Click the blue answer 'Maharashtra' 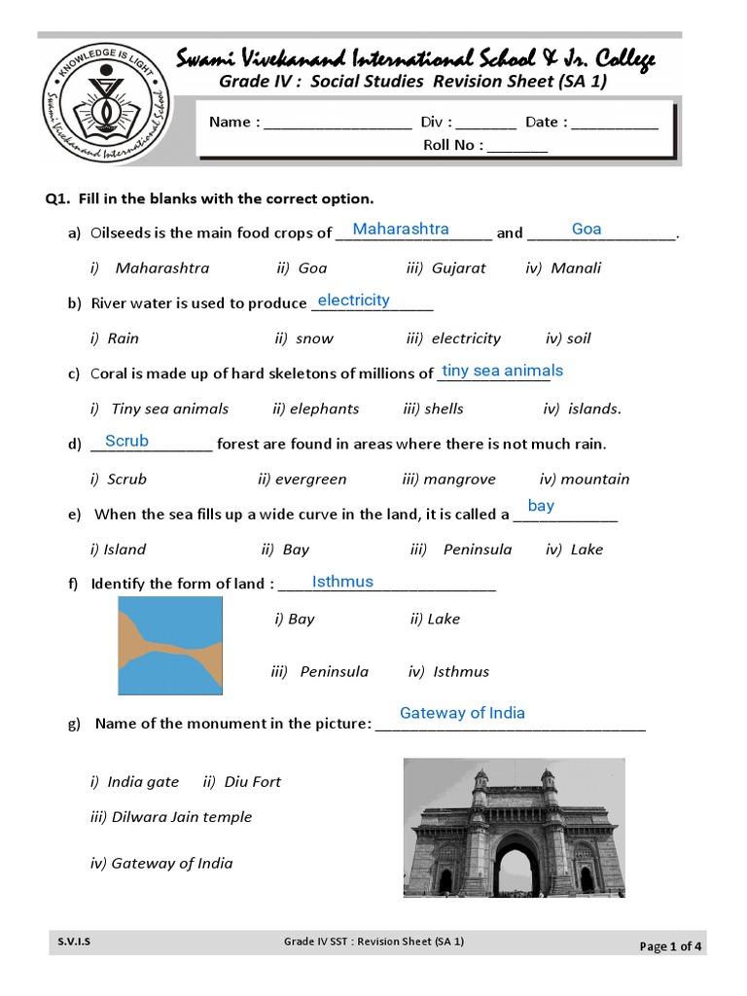click(x=401, y=229)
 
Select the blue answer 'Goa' click(x=587, y=229)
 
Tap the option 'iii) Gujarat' click(x=445, y=267)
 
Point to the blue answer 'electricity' click(x=353, y=300)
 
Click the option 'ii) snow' click(x=303, y=338)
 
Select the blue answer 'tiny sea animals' click(x=502, y=371)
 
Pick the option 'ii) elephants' click(x=316, y=409)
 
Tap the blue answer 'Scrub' click(x=126, y=441)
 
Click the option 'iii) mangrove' click(x=448, y=479)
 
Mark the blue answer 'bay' click(x=541, y=506)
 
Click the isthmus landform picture click(x=170, y=644)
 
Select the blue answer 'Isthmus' click(x=342, y=582)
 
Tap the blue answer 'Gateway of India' click(x=462, y=713)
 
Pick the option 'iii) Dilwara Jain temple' click(x=171, y=817)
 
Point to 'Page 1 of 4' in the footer click(x=670, y=946)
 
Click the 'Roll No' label click(x=451, y=146)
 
